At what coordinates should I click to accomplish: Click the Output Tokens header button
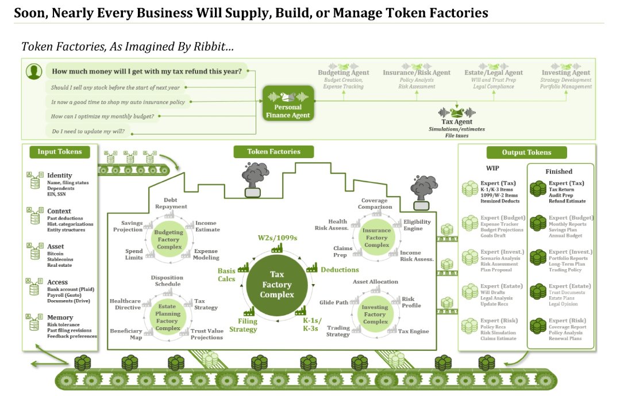(526, 152)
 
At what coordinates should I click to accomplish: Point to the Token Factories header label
(274, 152)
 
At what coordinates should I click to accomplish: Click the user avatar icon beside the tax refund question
(34, 72)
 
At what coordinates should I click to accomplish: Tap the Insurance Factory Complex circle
(376, 238)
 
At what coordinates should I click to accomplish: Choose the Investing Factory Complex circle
(375, 315)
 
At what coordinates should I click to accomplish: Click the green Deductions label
(340, 270)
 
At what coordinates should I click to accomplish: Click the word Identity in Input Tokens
(60, 175)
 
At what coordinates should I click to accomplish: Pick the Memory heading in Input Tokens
(60, 317)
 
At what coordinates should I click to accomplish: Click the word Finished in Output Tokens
(558, 171)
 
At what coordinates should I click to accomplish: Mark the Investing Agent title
(565, 72)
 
